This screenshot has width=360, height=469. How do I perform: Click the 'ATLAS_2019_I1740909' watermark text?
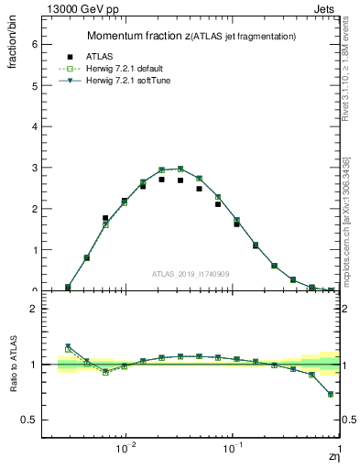191,273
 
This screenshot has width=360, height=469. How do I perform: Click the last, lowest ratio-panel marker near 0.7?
331,395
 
